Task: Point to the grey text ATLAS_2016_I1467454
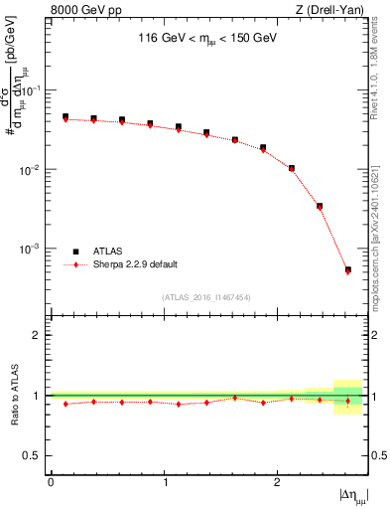[x=206, y=296]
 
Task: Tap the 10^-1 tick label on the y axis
[x=32, y=90]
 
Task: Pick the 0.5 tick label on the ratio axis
[x=33, y=455]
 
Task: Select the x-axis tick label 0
[x=51, y=482]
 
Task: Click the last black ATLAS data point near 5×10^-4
[x=347, y=269]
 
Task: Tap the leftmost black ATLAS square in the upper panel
[x=65, y=116]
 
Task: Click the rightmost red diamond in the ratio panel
[x=347, y=401]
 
